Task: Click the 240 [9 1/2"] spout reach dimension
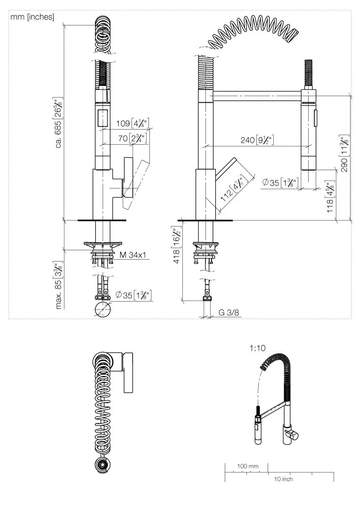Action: [259, 140]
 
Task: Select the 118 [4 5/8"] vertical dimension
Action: [331, 196]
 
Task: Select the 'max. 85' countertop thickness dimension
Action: [59, 286]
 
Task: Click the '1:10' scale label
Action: [257, 348]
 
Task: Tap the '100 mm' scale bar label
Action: [247, 466]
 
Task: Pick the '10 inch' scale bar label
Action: [283, 479]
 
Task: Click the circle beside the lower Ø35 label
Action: [103, 310]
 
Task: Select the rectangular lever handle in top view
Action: [128, 372]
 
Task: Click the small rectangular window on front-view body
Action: [102, 116]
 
